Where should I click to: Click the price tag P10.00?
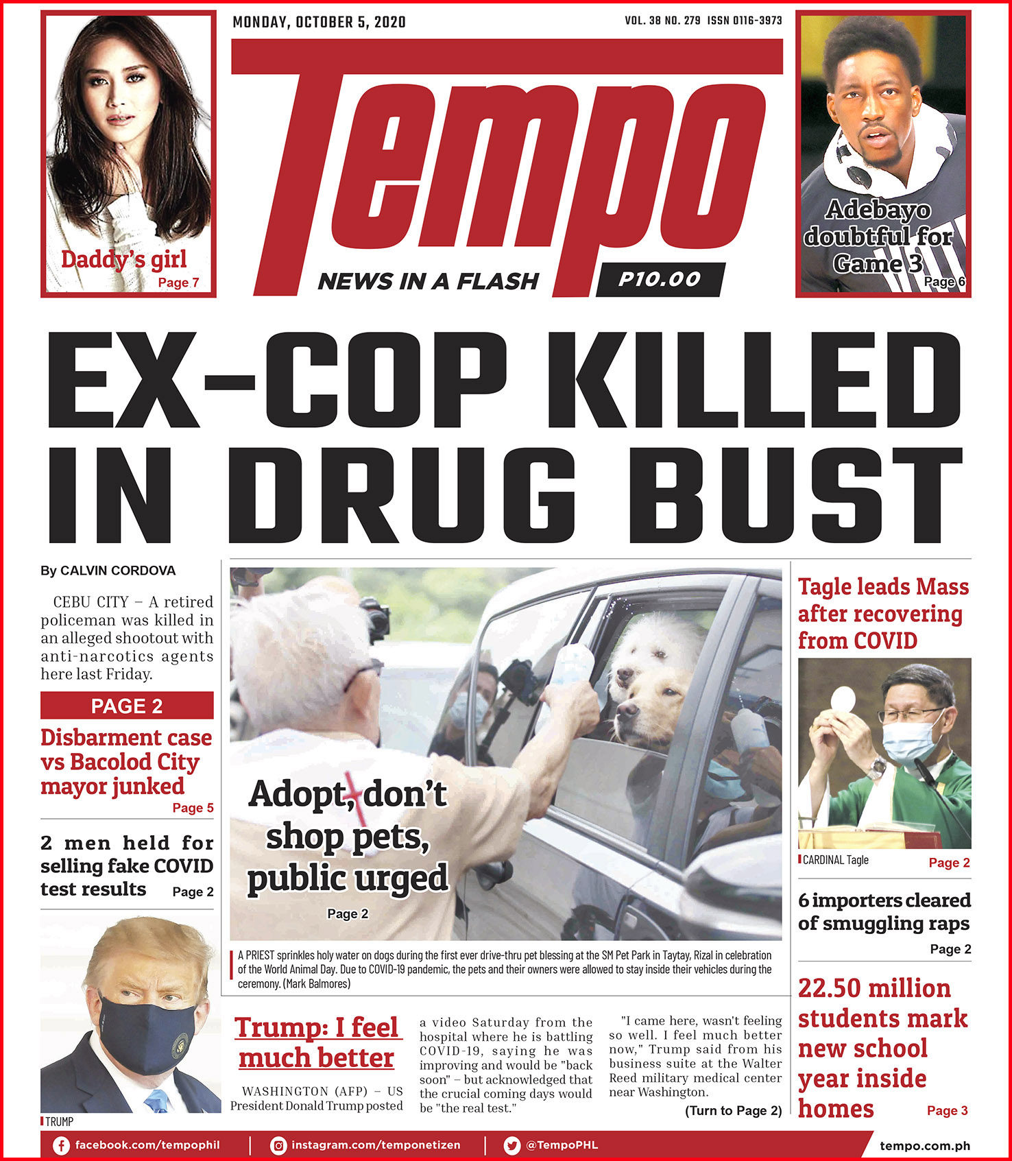click(x=660, y=279)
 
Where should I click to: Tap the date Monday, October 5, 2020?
click(x=319, y=22)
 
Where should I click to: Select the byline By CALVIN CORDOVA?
click(x=108, y=571)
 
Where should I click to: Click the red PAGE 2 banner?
click(x=127, y=706)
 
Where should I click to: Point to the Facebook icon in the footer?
click(x=61, y=1145)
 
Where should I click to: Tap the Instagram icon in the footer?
click(x=278, y=1145)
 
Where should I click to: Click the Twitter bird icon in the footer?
click(x=511, y=1145)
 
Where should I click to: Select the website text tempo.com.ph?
click(x=924, y=1145)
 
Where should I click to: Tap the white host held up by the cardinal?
click(x=842, y=700)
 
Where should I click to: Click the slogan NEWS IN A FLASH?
click(x=429, y=281)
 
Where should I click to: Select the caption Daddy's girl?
click(x=123, y=259)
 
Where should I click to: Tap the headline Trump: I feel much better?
click(x=316, y=1042)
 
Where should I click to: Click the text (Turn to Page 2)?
click(x=733, y=1110)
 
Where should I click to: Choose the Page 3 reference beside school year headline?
click(x=947, y=1110)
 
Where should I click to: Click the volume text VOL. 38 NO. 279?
click(x=662, y=21)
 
